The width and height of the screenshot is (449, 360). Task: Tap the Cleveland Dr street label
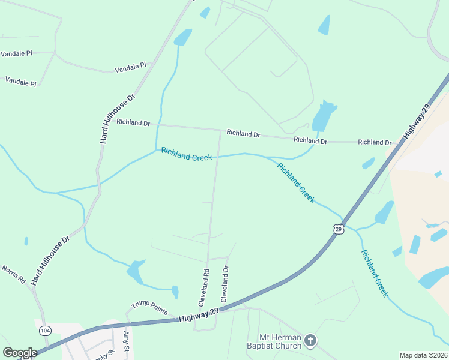(x=226, y=284)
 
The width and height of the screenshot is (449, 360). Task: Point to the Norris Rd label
(x=14, y=275)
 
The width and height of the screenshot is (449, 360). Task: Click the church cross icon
(x=310, y=341)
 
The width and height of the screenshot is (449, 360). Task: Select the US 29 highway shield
(x=339, y=229)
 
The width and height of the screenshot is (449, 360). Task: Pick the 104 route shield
(x=44, y=331)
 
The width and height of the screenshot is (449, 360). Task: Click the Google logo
(x=20, y=353)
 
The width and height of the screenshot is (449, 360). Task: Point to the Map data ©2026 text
(x=423, y=355)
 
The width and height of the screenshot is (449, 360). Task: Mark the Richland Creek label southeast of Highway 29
(x=375, y=274)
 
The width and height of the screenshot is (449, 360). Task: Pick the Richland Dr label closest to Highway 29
(x=375, y=142)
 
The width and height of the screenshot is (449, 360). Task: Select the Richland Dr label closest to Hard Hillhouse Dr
(x=133, y=122)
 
